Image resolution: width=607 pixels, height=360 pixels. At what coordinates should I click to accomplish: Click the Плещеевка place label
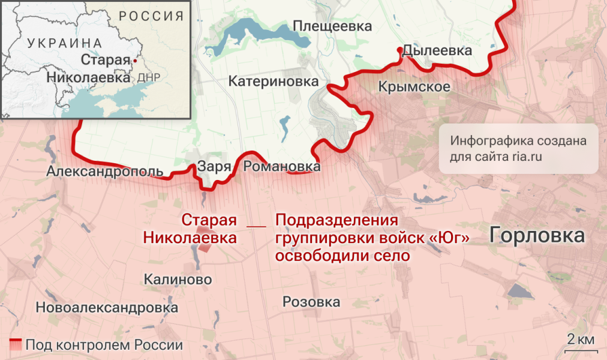(x=332, y=26)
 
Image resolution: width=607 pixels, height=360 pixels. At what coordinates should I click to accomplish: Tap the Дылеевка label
(x=437, y=50)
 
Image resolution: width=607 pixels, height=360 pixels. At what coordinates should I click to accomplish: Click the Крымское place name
(x=414, y=86)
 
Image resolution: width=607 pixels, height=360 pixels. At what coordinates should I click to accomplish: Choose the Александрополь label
(x=104, y=172)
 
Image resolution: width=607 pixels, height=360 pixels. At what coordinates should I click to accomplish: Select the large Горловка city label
(x=537, y=235)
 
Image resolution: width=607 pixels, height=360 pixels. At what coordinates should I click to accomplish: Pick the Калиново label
(x=178, y=279)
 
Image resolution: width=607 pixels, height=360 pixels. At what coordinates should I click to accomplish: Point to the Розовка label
(x=311, y=302)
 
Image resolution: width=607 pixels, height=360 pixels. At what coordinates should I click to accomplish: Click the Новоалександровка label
(x=107, y=308)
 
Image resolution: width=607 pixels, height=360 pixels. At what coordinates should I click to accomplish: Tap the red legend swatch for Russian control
(x=16, y=345)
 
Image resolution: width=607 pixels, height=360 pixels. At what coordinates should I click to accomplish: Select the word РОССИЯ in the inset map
(x=151, y=16)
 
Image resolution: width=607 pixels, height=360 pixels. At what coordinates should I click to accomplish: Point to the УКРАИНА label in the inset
(x=65, y=43)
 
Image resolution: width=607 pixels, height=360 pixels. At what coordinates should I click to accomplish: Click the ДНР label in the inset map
(x=148, y=78)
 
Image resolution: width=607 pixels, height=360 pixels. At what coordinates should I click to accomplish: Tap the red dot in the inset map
(x=136, y=61)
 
